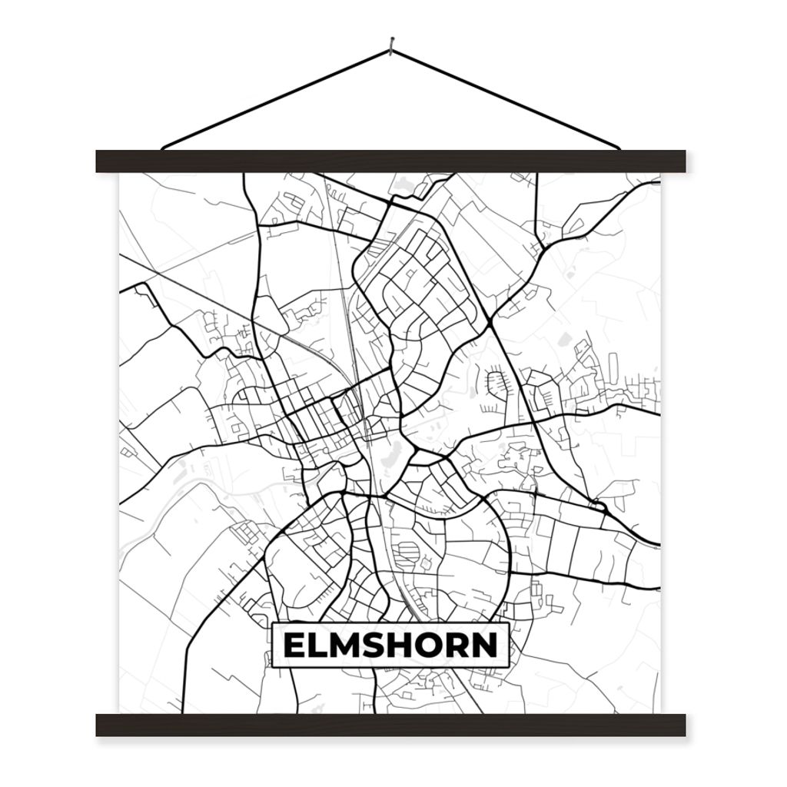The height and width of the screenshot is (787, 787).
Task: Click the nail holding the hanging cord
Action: coord(392,47)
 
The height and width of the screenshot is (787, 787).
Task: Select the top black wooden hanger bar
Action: coord(390,161)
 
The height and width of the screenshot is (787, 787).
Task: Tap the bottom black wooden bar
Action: coord(390,725)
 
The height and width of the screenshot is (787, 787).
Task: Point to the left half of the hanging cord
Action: coord(277,98)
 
